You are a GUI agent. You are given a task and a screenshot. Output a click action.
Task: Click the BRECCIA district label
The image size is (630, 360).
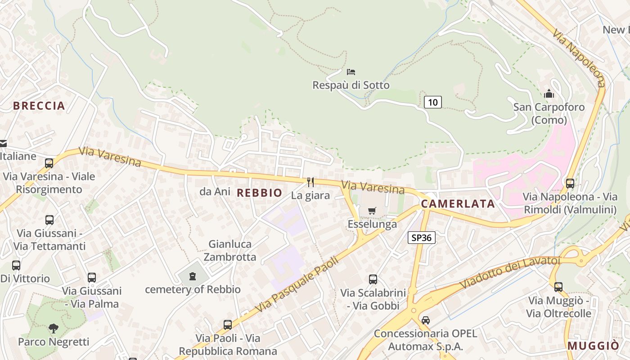click(x=39, y=106)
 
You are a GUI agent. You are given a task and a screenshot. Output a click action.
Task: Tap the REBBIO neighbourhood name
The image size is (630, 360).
click(x=260, y=193)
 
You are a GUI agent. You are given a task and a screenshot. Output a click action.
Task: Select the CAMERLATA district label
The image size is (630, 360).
click(x=458, y=204)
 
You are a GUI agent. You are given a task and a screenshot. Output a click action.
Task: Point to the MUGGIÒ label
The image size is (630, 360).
click(x=593, y=346)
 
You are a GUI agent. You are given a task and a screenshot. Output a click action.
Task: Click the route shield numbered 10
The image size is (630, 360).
click(x=432, y=102)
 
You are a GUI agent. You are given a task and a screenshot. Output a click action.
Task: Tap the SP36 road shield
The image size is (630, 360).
click(x=422, y=238)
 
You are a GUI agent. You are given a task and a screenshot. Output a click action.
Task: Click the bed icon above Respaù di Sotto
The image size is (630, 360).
click(x=351, y=72)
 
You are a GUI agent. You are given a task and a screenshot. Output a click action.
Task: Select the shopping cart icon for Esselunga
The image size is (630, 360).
click(x=372, y=211)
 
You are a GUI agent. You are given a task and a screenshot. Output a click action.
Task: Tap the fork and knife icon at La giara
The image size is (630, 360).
click(x=310, y=182)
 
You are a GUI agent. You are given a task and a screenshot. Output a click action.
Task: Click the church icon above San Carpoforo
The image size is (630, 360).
click(x=549, y=94)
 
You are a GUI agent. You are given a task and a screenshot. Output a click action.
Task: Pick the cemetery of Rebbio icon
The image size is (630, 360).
click(x=193, y=276)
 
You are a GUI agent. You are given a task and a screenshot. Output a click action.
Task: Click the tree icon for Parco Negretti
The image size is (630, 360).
click(x=54, y=328)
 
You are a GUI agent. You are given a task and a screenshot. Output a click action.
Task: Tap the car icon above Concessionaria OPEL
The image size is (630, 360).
click(x=426, y=320)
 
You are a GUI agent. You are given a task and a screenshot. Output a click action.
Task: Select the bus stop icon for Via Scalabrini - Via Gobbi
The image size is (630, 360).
click(x=373, y=279)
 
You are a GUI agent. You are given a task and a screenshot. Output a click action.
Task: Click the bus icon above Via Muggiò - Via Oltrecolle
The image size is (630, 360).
click(x=558, y=287)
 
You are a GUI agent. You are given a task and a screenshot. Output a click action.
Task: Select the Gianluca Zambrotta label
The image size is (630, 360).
click(x=230, y=251)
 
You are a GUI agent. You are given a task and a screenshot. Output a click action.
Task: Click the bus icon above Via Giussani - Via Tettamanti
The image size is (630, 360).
click(x=49, y=220)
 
